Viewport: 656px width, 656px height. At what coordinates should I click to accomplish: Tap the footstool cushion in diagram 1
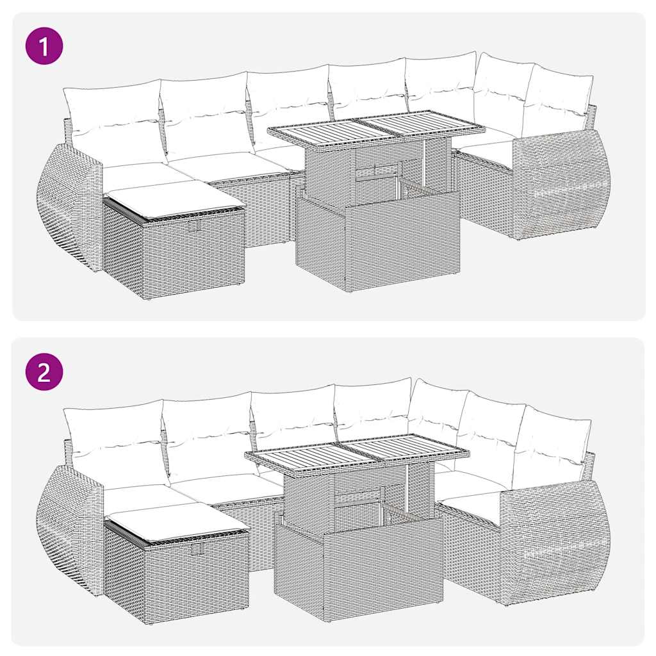coord(173,199)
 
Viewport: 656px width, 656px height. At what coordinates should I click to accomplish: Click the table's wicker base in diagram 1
coord(377,247)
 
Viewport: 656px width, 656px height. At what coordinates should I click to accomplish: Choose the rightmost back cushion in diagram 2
coord(552,442)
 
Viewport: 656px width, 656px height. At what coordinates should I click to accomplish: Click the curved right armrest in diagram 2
coord(554,541)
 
